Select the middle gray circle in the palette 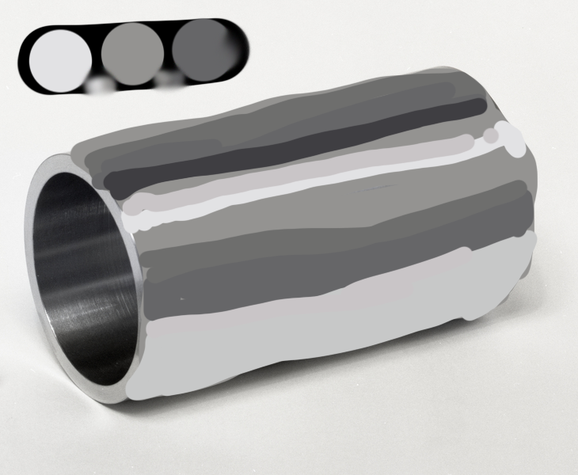[132, 54]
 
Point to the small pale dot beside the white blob [492, 136]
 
